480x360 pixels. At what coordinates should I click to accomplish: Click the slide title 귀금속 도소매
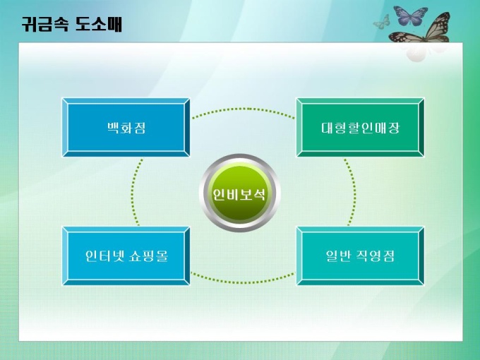pos(72,24)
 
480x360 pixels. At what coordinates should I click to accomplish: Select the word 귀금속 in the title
pos(45,24)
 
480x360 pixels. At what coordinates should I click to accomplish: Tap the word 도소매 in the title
pos(99,24)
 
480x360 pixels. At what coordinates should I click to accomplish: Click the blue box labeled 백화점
pos(126,127)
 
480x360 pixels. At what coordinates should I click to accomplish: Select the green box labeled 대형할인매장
pos(360,127)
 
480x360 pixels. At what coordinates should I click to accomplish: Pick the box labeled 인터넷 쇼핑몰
pos(126,256)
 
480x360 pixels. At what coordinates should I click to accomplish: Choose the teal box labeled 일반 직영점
pos(360,256)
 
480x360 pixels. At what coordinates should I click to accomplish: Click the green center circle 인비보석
pos(239,193)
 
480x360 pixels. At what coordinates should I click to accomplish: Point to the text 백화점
pos(126,128)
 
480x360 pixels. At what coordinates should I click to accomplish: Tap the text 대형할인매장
pos(361,128)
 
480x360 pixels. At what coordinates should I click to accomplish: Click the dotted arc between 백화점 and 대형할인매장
pos(244,109)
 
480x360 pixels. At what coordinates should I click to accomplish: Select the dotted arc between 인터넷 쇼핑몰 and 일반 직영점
pos(244,282)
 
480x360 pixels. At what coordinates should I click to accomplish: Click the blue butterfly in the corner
pos(410,16)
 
